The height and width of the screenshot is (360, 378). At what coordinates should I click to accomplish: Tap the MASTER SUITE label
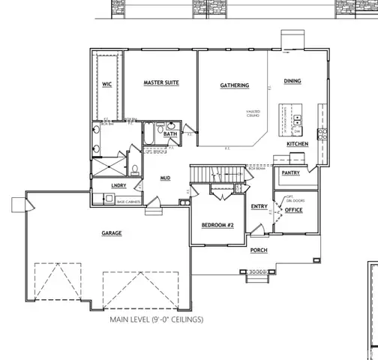[160, 82]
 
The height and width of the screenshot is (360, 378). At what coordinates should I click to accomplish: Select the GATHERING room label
[235, 85]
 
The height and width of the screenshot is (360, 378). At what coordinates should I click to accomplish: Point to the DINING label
[292, 80]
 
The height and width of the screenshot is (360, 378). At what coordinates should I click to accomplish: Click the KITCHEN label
[298, 143]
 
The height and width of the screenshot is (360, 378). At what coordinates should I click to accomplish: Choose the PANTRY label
[291, 172]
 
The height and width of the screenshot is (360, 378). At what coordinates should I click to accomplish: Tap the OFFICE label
[294, 210]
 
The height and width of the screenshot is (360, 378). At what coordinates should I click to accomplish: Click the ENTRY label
[259, 207]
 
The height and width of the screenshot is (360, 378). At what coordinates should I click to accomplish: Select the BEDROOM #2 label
[217, 225]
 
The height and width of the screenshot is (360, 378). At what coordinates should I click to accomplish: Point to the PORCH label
[259, 250]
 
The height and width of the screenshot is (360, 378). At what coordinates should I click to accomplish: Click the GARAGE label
[112, 233]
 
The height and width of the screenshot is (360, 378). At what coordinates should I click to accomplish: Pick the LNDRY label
[118, 184]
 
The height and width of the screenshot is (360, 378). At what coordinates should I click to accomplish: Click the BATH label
[171, 135]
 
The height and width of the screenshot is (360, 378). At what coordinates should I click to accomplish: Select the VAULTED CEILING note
[252, 114]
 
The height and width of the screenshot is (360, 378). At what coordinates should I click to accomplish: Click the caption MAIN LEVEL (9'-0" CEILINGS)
[156, 319]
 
